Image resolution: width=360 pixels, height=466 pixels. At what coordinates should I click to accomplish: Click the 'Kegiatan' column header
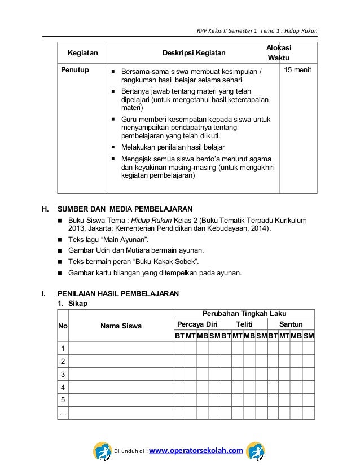pyautogui.click(x=82, y=54)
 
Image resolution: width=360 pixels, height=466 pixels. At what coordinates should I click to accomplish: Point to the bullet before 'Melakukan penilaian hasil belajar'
pyautogui.click(x=113, y=146)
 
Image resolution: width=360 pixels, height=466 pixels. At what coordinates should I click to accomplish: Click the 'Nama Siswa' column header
pyautogui.click(x=121, y=326)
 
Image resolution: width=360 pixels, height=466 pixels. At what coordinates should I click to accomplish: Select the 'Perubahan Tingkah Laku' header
pyautogui.click(x=244, y=314)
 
